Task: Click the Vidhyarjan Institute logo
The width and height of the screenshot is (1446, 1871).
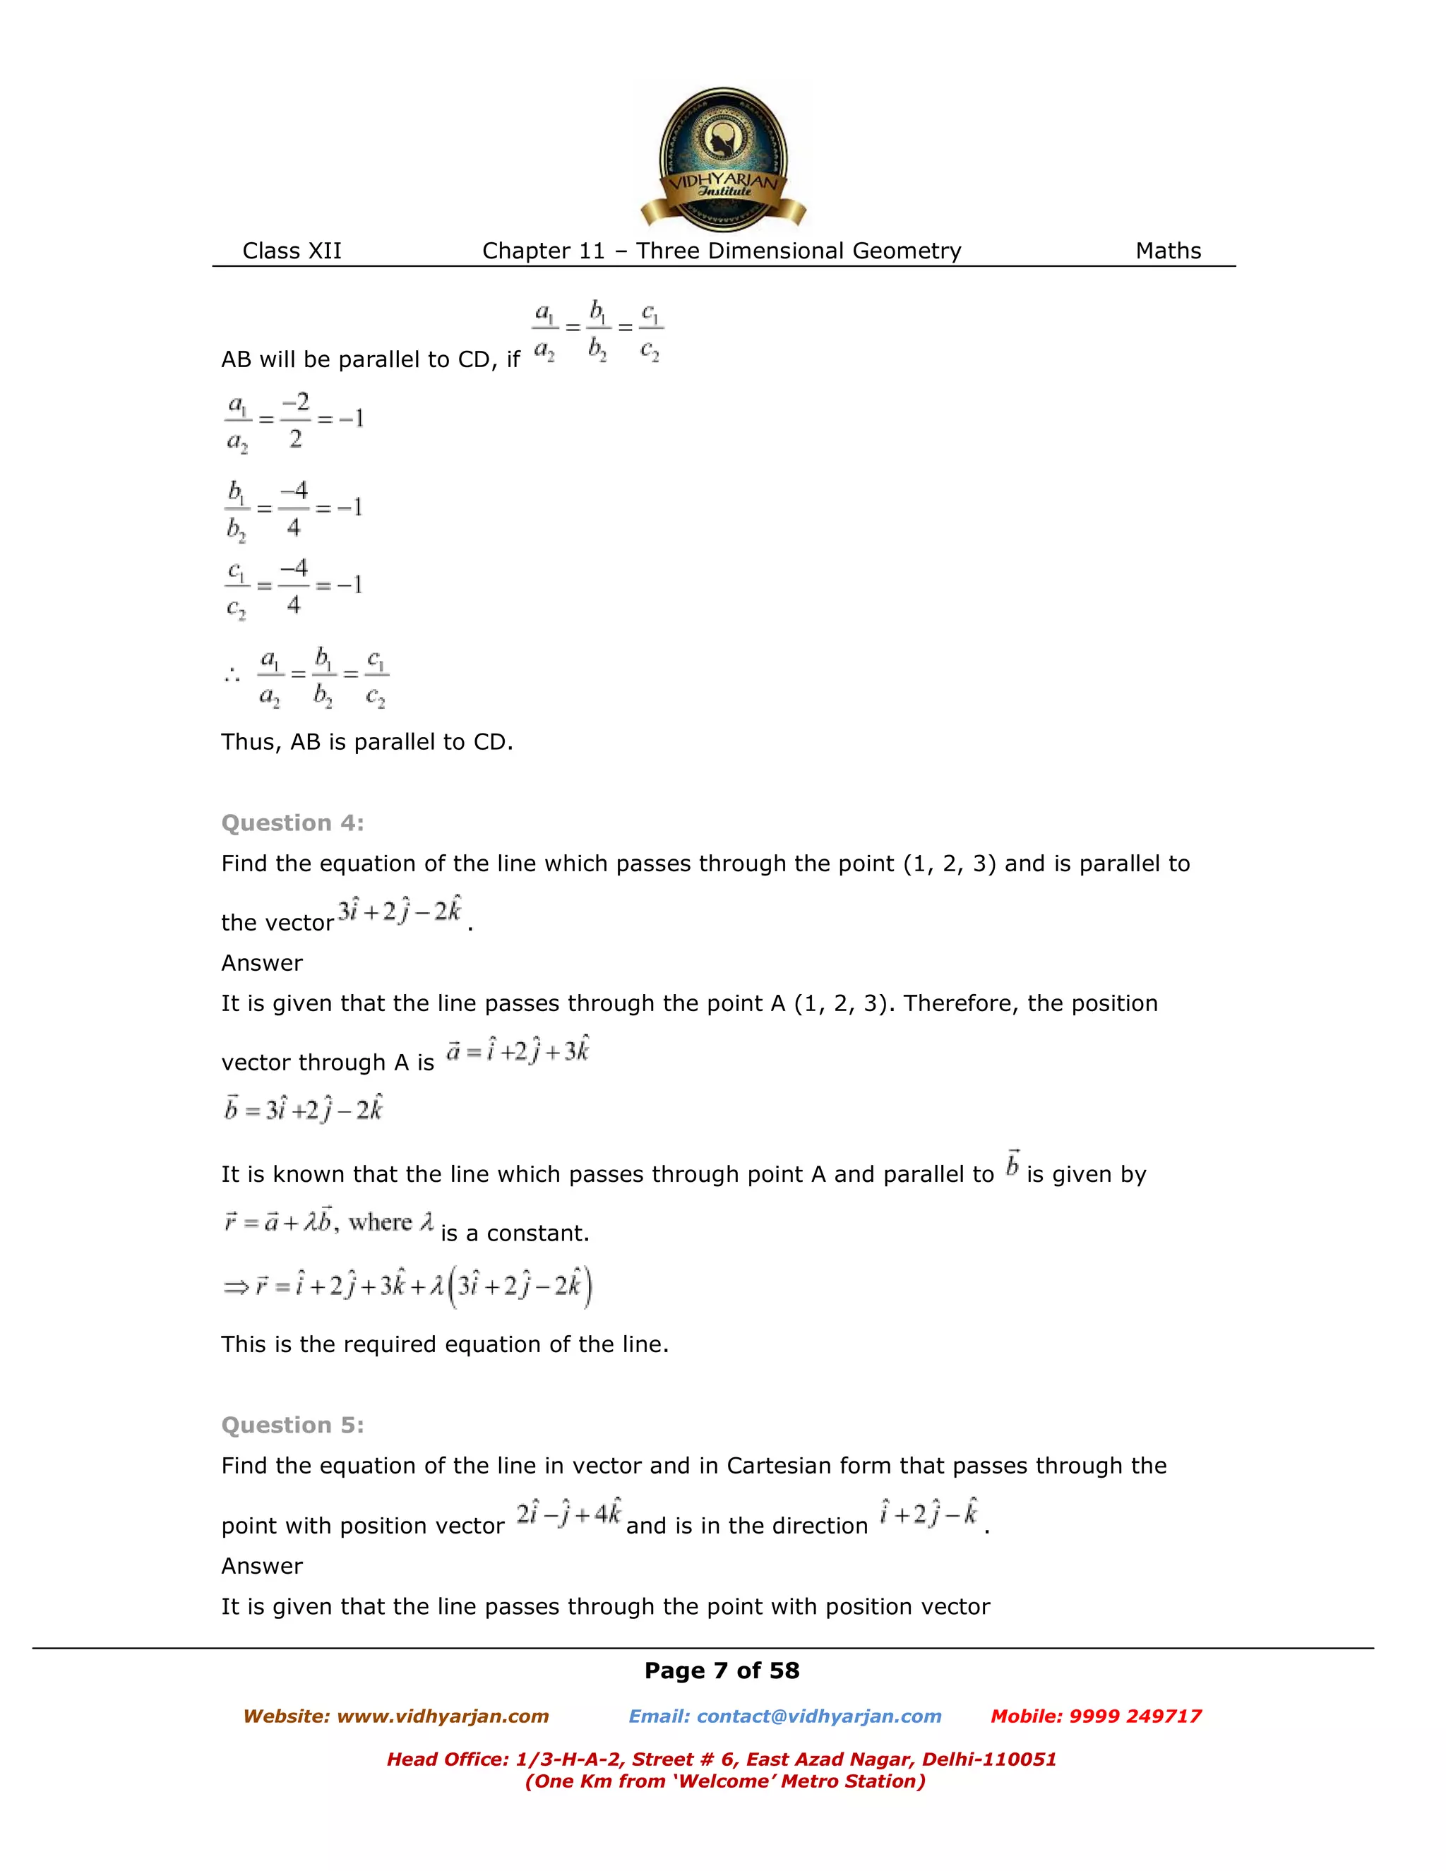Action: coord(723,158)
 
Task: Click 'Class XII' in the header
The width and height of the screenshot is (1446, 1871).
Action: coord(292,251)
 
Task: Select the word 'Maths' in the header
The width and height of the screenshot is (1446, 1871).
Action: coord(1168,251)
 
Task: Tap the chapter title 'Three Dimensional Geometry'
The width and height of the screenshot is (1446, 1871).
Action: coord(798,251)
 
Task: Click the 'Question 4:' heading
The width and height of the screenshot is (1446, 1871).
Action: coord(292,823)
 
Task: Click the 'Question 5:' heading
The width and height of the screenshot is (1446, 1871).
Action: coord(292,1425)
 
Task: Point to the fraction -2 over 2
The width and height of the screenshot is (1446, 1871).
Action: coord(294,420)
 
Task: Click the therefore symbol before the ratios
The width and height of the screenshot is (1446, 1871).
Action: coord(232,676)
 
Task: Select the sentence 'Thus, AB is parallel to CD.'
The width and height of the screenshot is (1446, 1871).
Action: coord(366,742)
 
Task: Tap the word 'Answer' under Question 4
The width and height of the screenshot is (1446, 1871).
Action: coord(261,963)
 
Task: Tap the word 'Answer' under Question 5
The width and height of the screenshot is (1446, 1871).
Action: coord(261,1566)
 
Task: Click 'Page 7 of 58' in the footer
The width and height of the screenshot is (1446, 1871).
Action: coord(722,1670)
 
